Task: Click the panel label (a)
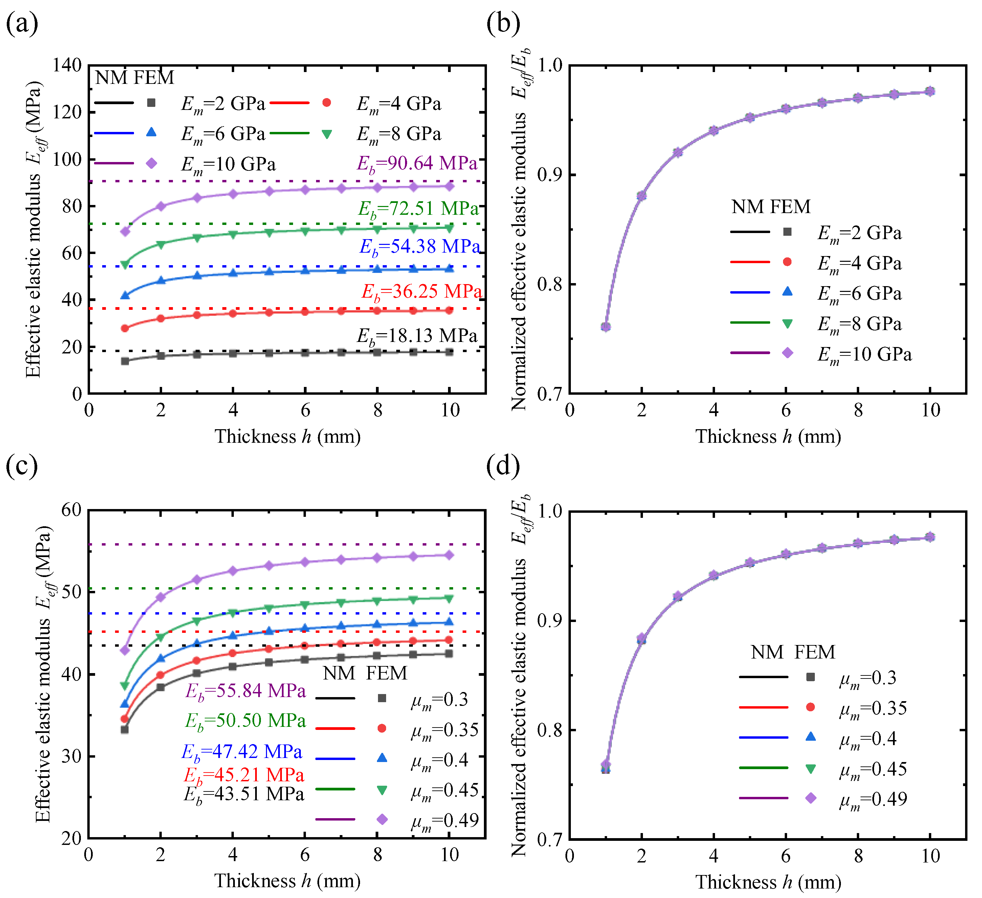[x=22, y=23]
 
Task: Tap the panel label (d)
[x=503, y=466]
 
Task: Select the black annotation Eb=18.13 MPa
[x=417, y=336]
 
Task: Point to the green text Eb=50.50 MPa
[x=245, y=721]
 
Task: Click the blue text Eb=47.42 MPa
[x=242, y=752]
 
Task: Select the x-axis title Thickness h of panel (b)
[x=768, y=436]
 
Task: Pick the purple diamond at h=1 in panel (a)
[x=125, y=231]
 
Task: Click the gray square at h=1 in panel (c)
[x=125, y=730]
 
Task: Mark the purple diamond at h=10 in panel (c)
[x=449, y=555]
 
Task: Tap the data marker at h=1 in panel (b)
[x=605, y=327]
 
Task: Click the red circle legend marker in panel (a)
[x=327, y=103]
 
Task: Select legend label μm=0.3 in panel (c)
[x=439, y=700]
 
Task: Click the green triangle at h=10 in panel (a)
[x=449, y=228]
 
